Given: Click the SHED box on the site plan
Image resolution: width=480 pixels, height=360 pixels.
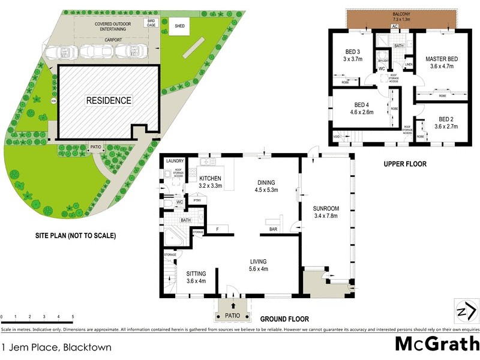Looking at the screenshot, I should coord(179,26).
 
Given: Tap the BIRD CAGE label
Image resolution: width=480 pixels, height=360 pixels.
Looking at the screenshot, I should coord(151,23).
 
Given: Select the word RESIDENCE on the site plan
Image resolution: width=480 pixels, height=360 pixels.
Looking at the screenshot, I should coord(108,101).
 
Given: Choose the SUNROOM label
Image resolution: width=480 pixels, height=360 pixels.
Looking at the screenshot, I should coord(326,212).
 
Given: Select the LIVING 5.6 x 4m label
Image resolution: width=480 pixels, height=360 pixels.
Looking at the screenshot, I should coord(259,265).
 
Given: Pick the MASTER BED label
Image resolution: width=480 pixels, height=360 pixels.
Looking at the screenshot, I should coord(442,63).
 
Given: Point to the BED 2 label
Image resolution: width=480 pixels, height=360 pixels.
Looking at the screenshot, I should coord(446,123).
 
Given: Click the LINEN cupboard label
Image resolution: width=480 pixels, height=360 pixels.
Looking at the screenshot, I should coord(409,64).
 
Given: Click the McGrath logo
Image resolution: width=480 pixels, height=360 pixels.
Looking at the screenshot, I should coord(437,344).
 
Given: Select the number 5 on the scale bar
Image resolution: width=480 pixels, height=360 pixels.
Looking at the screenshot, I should coord(73,316).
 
